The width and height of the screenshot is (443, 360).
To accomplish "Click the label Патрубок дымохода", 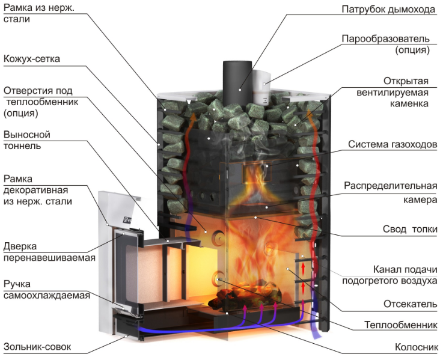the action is coord(388,10).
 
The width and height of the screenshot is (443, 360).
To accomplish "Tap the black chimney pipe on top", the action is coord(237,82).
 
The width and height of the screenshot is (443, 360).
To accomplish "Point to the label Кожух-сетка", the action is coord(32,59).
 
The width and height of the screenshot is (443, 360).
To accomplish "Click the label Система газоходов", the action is coord(393,144).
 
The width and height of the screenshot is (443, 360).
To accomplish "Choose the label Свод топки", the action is coord(410,229).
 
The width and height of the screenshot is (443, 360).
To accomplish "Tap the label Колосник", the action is coord(416,347).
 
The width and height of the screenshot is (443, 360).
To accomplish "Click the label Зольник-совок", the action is coord(37,347).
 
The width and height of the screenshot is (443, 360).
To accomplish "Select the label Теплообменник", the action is coord(400,325).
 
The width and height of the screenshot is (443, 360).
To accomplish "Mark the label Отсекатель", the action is coord(410,304).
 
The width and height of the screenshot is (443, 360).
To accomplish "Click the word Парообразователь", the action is coord(385,38).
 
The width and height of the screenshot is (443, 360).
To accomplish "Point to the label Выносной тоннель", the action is coord(27,140).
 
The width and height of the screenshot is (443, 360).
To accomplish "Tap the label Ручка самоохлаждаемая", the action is coord(47,290).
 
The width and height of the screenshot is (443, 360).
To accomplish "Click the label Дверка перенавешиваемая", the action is coord(49,252).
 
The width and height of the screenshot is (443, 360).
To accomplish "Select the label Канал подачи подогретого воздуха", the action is coord(390,275).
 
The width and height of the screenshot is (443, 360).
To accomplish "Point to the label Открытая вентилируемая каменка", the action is coord(393,93).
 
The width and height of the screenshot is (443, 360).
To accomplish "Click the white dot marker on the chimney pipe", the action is coord(240,90).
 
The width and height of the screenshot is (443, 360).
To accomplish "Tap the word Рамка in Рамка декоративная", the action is coord(18,179).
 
